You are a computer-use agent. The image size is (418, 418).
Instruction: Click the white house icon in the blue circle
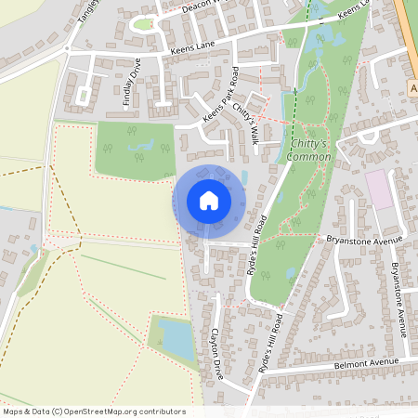pyautogui.click(x=209, y=201)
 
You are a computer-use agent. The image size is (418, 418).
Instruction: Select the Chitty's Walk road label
pyautogui.click(x=246, y=124)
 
